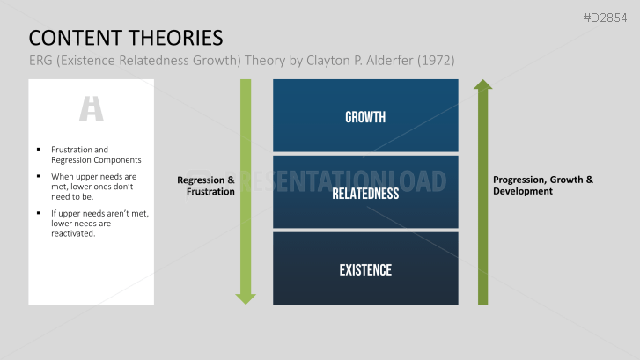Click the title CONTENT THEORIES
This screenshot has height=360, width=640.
(x=125, y=38)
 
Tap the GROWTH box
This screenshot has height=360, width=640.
(x=365, y=116)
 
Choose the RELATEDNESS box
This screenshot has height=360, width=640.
(x=365, y=193)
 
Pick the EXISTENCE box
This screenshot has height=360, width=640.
(x=365, y=269)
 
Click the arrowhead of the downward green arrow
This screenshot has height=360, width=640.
(x=246, y=298)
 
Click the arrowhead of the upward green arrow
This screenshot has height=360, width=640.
(x=482, y=85)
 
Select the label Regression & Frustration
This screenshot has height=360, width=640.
(x=206, y=186)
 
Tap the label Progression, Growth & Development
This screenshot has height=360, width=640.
(x=542, y=186)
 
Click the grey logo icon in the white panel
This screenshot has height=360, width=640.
(x=92, y=108)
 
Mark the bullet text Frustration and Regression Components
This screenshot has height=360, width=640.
(x=95, y=155)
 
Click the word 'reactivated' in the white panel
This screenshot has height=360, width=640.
(x=73, y=233)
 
